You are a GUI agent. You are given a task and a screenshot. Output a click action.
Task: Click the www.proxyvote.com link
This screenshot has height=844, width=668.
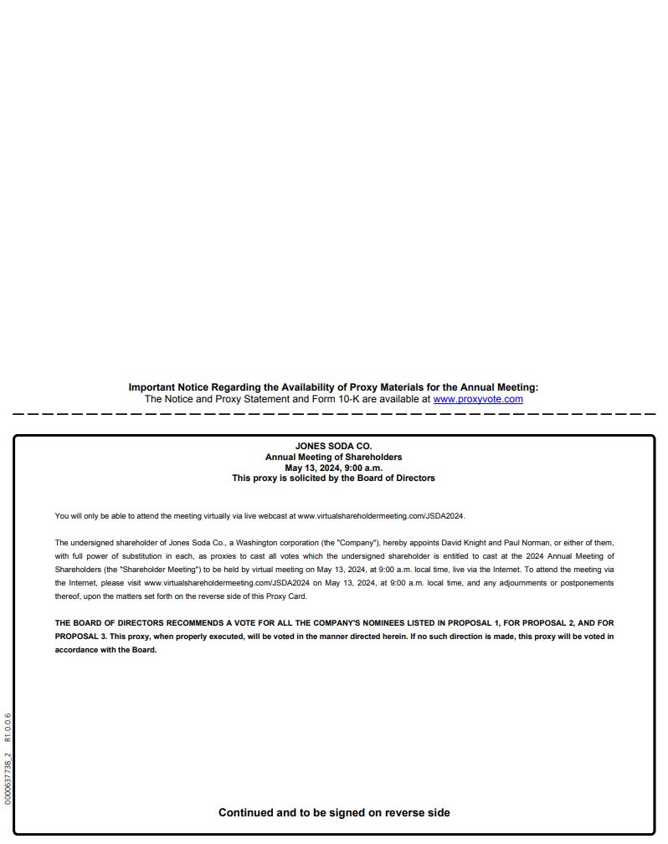478,399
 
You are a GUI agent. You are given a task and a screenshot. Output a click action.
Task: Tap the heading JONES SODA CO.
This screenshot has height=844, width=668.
333,446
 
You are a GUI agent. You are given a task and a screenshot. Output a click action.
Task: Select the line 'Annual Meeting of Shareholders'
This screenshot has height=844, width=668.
333,457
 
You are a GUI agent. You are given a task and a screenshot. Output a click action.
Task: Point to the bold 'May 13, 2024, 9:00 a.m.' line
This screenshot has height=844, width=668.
333,468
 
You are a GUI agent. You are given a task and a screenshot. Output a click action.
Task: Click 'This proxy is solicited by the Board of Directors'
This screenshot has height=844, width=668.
333,478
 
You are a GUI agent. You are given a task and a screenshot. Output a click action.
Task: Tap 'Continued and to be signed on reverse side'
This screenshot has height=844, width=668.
334,812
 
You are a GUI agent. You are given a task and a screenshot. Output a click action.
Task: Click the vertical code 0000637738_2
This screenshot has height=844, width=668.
8,779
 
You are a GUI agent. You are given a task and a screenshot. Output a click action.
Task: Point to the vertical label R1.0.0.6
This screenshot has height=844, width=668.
8,728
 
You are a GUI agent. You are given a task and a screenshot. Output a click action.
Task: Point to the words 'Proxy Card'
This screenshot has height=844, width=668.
287,596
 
